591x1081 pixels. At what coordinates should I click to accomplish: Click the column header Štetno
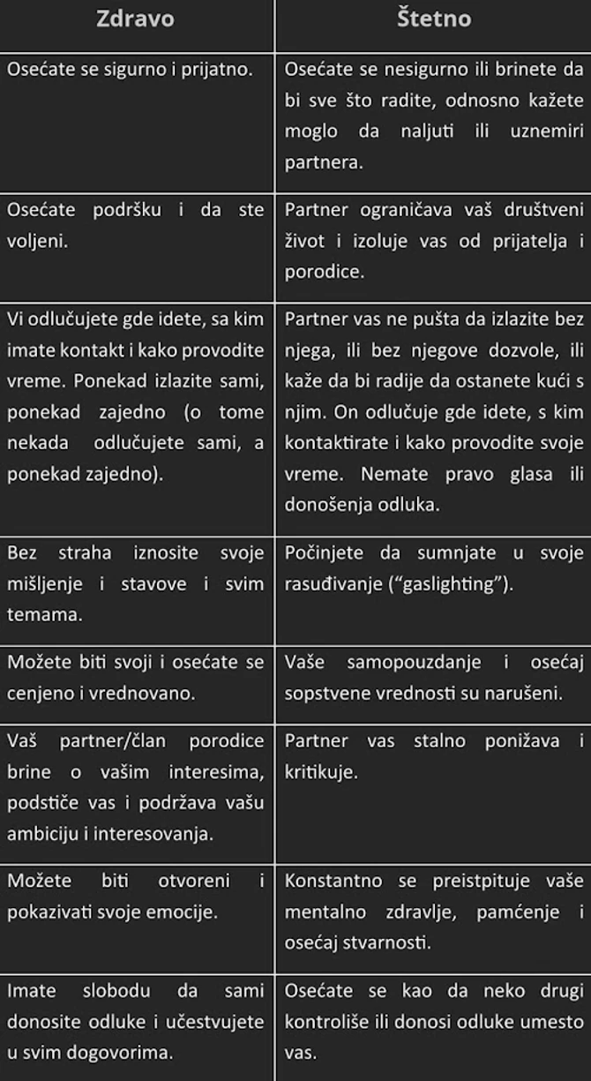click(433, 19)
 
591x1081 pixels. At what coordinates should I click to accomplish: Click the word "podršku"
click(123, 210)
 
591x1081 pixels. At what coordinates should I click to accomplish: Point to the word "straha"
click(85, 553)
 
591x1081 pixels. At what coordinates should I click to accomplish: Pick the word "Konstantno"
click(333, 881)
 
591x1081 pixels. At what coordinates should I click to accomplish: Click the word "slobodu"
click(117, 991)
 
